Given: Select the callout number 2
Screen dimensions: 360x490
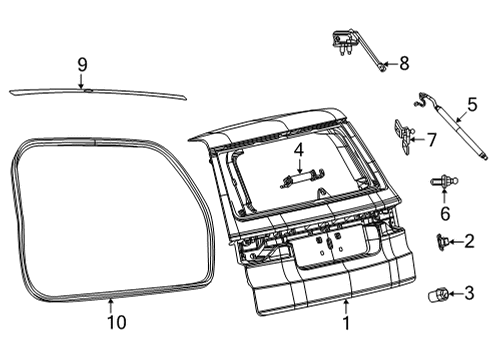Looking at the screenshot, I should click(469, 241).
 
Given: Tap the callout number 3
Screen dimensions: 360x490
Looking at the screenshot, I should click(469, 293).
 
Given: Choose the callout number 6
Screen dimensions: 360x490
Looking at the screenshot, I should click(445, 213).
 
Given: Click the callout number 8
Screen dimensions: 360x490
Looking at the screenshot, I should click(404, 63).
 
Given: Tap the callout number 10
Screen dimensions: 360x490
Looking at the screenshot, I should click(110, 322).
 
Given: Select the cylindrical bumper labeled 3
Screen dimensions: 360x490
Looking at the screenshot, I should click(441, 293).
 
